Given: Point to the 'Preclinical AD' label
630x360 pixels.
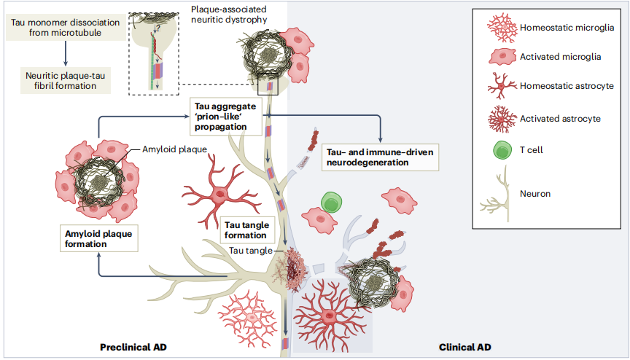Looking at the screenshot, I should [x=133, y=348].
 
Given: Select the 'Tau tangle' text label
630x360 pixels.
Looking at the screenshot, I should [x=250, y=250].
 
